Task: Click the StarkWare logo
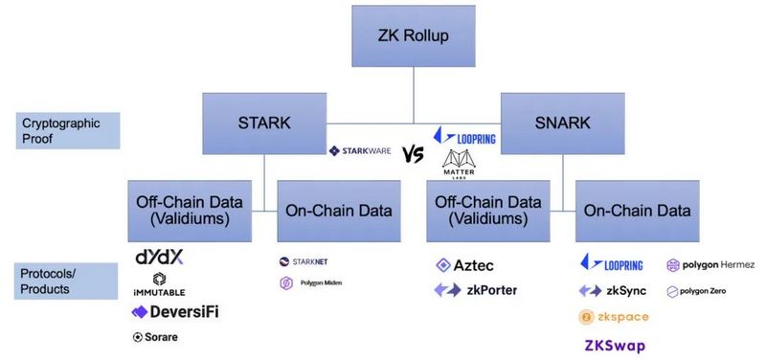(x=360, y=151)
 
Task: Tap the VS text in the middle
(x=413, y=153)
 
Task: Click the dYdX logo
(x=158, y=259)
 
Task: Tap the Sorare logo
(x=156, y=337)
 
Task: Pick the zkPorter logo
(x=476, y=289)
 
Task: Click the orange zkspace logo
(x=615, y=317)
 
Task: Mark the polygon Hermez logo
(x=710, y=265)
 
